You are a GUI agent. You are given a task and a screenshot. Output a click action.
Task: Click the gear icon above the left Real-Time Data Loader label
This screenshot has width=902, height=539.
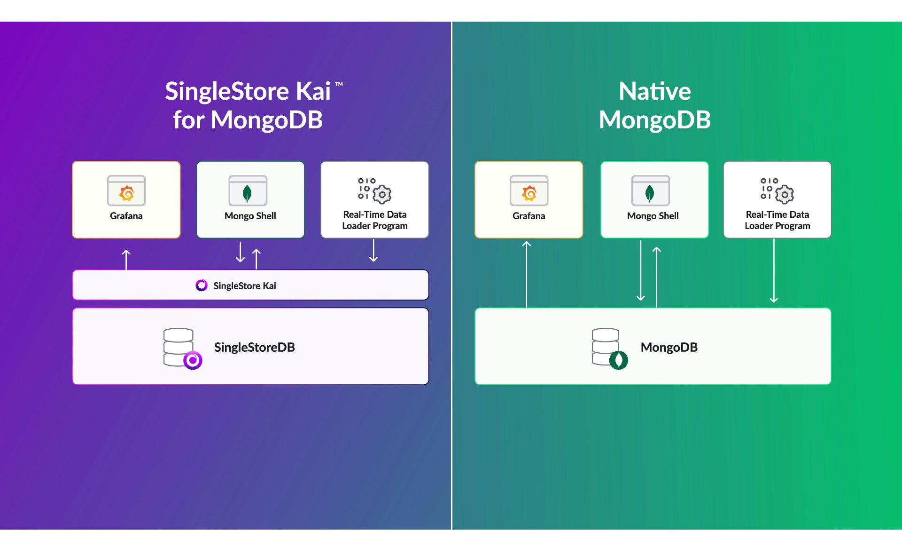coord(382,194)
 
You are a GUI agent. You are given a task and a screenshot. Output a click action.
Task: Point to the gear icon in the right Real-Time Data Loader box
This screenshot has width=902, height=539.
coord(785,194)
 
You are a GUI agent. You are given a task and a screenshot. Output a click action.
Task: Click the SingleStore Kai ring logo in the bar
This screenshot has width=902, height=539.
coord(202,285)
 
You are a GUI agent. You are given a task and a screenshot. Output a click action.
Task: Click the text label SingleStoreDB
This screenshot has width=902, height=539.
coord(254,347)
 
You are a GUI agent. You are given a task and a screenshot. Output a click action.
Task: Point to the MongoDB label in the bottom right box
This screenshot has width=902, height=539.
coord(669,347)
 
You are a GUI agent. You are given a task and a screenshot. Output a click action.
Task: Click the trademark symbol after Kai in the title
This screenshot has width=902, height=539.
coord(339,85)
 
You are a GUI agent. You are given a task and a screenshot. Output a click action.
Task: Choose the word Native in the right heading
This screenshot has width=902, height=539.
coord(654,91)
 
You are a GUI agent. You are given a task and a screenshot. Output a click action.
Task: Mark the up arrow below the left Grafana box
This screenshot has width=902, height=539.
coord(126,259)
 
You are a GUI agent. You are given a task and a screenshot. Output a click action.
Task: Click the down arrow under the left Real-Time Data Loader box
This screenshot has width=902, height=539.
coord(373,250)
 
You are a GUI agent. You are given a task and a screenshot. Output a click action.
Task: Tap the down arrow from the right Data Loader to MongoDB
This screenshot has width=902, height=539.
coord(774,270)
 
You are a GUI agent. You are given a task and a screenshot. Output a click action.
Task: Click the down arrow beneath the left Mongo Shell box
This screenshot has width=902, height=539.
coord(241,252)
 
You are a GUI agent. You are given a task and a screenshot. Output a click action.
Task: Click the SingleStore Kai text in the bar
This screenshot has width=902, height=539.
coord(244,285)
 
